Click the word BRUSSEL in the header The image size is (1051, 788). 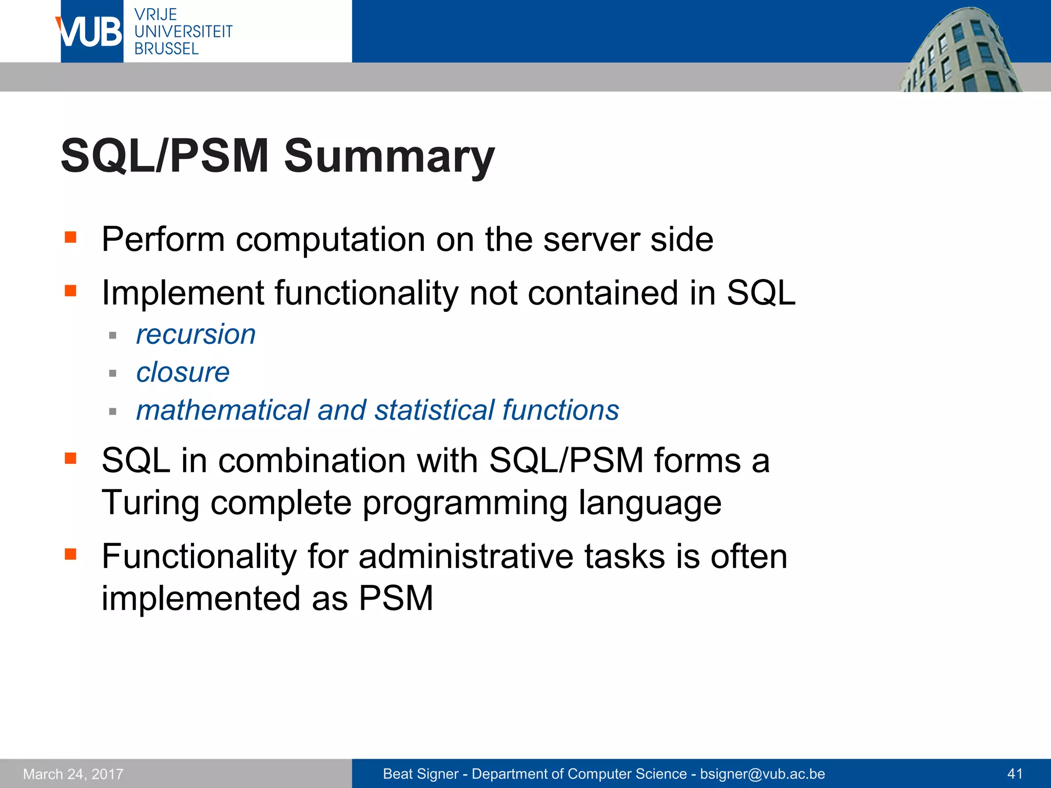click(x=166, y=49)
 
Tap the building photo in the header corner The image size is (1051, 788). click(x=960, y=51)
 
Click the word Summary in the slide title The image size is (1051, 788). click(x=389, y=156)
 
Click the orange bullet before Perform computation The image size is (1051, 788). click(x=70, y=237)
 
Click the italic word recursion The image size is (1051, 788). click(x=196, y=334)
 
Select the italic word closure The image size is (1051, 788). click(x=183, y=372)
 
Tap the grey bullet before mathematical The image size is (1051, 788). click(x=113, y=411)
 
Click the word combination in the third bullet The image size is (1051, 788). click(x=312, y=460)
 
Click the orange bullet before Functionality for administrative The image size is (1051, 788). click(x=70, y=554)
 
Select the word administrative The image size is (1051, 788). click(x=465, y=557)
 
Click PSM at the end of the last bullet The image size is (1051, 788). click(x=396, y=598)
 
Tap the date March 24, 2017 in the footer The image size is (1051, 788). click(x=73, y=774)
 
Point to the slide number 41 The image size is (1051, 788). click(x=1015, y=774)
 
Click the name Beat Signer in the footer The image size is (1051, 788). click(x=420, y=774)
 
